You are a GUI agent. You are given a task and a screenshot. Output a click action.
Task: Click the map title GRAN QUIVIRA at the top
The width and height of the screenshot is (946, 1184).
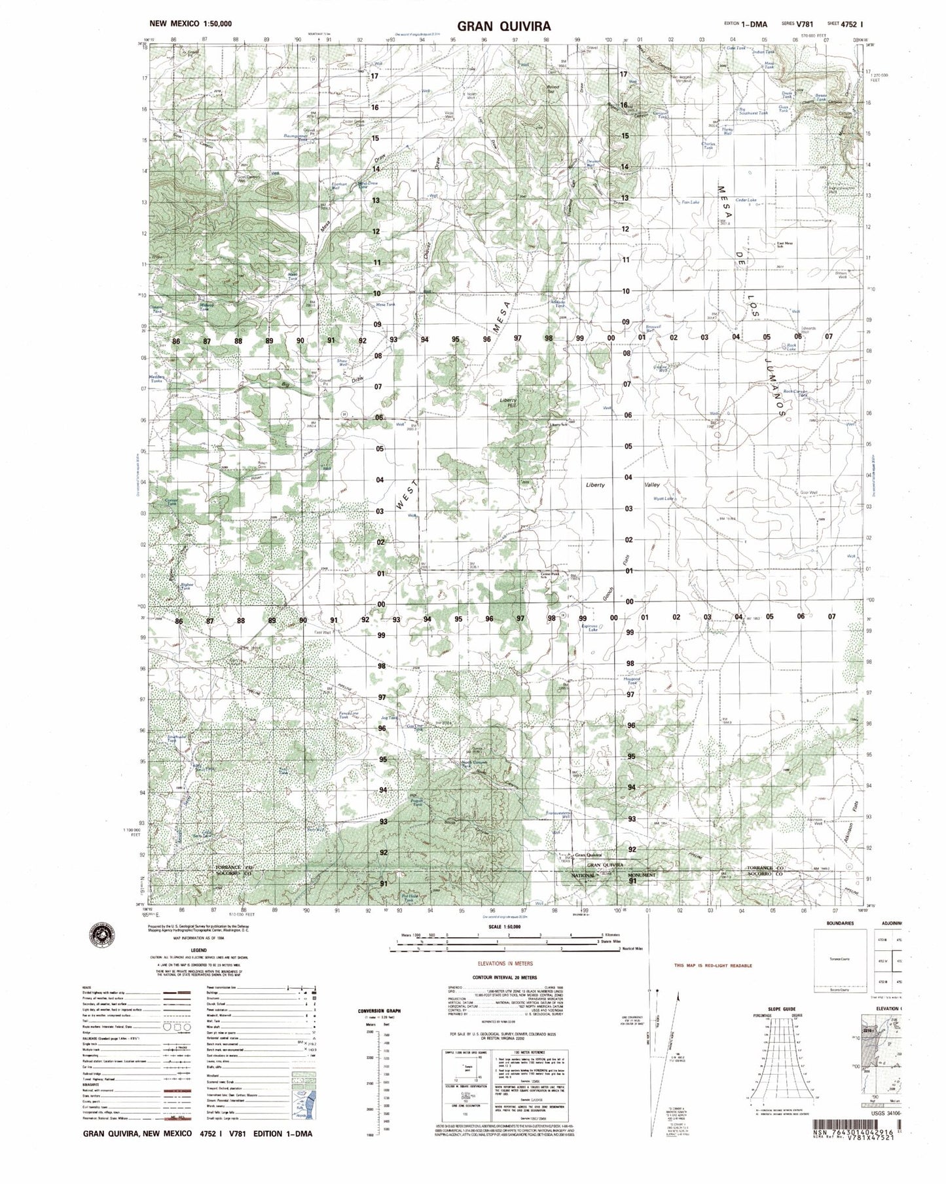pos(504,26)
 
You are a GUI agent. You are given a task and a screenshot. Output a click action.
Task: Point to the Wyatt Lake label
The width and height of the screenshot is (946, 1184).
pos(663,499)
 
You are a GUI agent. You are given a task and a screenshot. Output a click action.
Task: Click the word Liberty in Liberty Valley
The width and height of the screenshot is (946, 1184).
pos(594,485)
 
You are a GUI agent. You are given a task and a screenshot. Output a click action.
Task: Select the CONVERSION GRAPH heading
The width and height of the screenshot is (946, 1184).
pos(379,1011)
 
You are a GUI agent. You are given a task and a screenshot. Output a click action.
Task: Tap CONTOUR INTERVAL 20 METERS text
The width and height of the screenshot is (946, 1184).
pos(505,976)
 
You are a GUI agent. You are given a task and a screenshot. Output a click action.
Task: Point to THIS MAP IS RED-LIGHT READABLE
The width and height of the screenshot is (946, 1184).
pos(713,965)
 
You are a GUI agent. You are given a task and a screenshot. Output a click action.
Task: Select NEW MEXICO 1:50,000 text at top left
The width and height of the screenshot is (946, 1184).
pos(191,24)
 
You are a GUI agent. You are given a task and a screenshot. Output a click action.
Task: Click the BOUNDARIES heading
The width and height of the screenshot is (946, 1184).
pos(840,923)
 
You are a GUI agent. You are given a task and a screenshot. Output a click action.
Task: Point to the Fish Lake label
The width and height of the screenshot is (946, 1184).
pos(691,202)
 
